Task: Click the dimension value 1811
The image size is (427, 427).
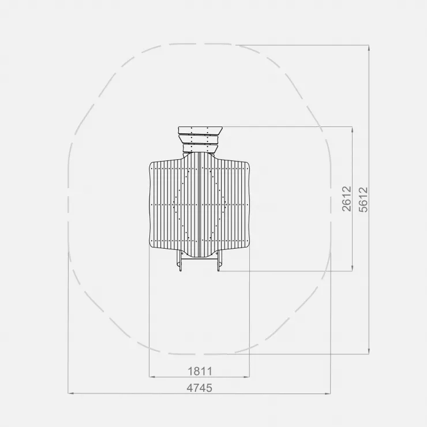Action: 200,371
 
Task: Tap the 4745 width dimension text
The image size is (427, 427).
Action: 199,388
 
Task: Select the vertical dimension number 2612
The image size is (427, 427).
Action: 347,199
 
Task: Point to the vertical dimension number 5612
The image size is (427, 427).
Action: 364,200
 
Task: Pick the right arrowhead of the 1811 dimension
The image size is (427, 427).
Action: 246,377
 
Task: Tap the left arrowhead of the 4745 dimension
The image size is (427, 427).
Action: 71,393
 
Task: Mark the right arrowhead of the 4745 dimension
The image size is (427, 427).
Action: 328,393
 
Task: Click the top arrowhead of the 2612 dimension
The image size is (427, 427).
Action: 353,129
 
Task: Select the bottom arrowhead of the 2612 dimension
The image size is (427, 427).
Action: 353,268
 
